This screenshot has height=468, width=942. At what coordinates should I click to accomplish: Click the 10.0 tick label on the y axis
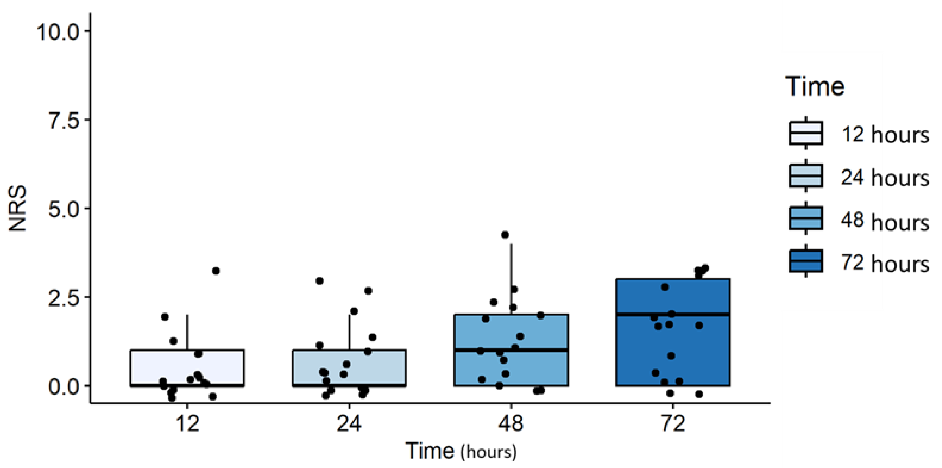click(x=58, y=32)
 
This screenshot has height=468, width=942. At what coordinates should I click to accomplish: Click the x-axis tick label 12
click(x=188, y=423)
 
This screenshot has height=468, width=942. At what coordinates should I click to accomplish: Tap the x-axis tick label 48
click(x=511, y=423)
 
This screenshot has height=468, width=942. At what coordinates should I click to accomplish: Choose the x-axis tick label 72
click(x=673, y=423)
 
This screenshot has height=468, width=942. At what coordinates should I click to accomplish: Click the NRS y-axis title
click(x=18, y=208)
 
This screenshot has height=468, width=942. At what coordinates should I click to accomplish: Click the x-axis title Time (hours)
click(x=461, y=451)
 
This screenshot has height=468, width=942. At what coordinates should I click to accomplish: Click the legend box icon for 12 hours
click(x=806, y=133)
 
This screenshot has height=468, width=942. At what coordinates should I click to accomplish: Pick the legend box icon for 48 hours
click(x=806, y=218)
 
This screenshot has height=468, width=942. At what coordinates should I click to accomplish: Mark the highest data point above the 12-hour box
click(x=216, y=271)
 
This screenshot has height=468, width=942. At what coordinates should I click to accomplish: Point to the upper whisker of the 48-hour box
click(x=511, y=278)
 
